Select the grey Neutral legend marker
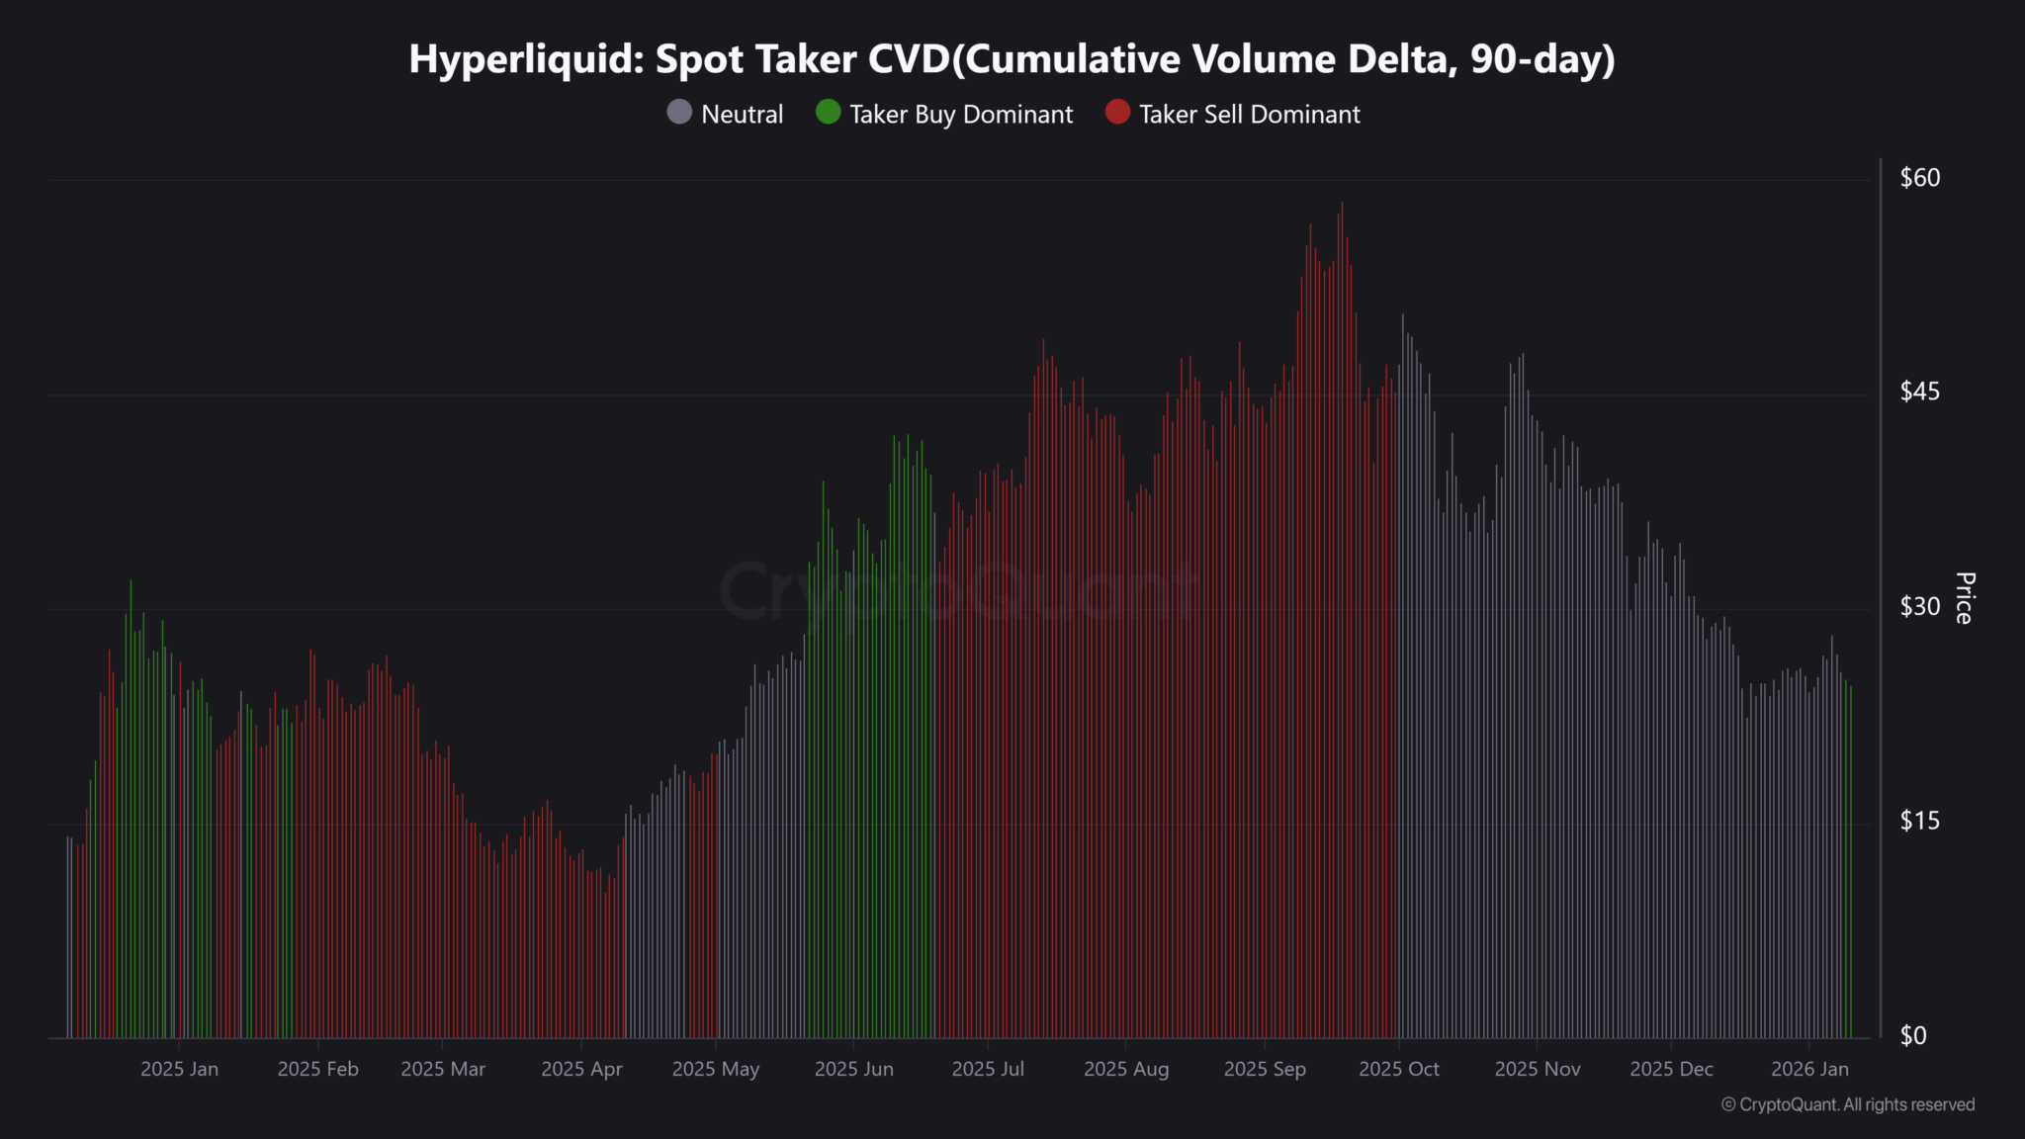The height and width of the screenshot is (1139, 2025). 679,113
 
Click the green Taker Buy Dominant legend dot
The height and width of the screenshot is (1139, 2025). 829,113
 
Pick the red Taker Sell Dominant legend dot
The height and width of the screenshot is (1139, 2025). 1117,113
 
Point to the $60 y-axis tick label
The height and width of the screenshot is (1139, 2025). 1919,178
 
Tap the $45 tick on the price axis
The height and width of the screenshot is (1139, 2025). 1919,392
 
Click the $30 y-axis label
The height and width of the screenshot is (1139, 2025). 1919,606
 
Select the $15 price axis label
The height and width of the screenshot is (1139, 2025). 1919,821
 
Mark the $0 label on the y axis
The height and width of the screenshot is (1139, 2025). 1912,1035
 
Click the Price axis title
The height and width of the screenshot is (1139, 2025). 1965,598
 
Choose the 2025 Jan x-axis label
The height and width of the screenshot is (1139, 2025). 179,1069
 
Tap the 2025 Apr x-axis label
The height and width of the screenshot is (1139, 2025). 581,1069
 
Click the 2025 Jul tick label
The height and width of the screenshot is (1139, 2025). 988,1069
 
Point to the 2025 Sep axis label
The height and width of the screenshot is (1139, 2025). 1265,1069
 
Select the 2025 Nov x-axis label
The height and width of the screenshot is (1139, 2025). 1538,1069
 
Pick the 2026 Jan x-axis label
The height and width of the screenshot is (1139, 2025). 1809,1069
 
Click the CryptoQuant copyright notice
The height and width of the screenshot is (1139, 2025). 1848,1104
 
